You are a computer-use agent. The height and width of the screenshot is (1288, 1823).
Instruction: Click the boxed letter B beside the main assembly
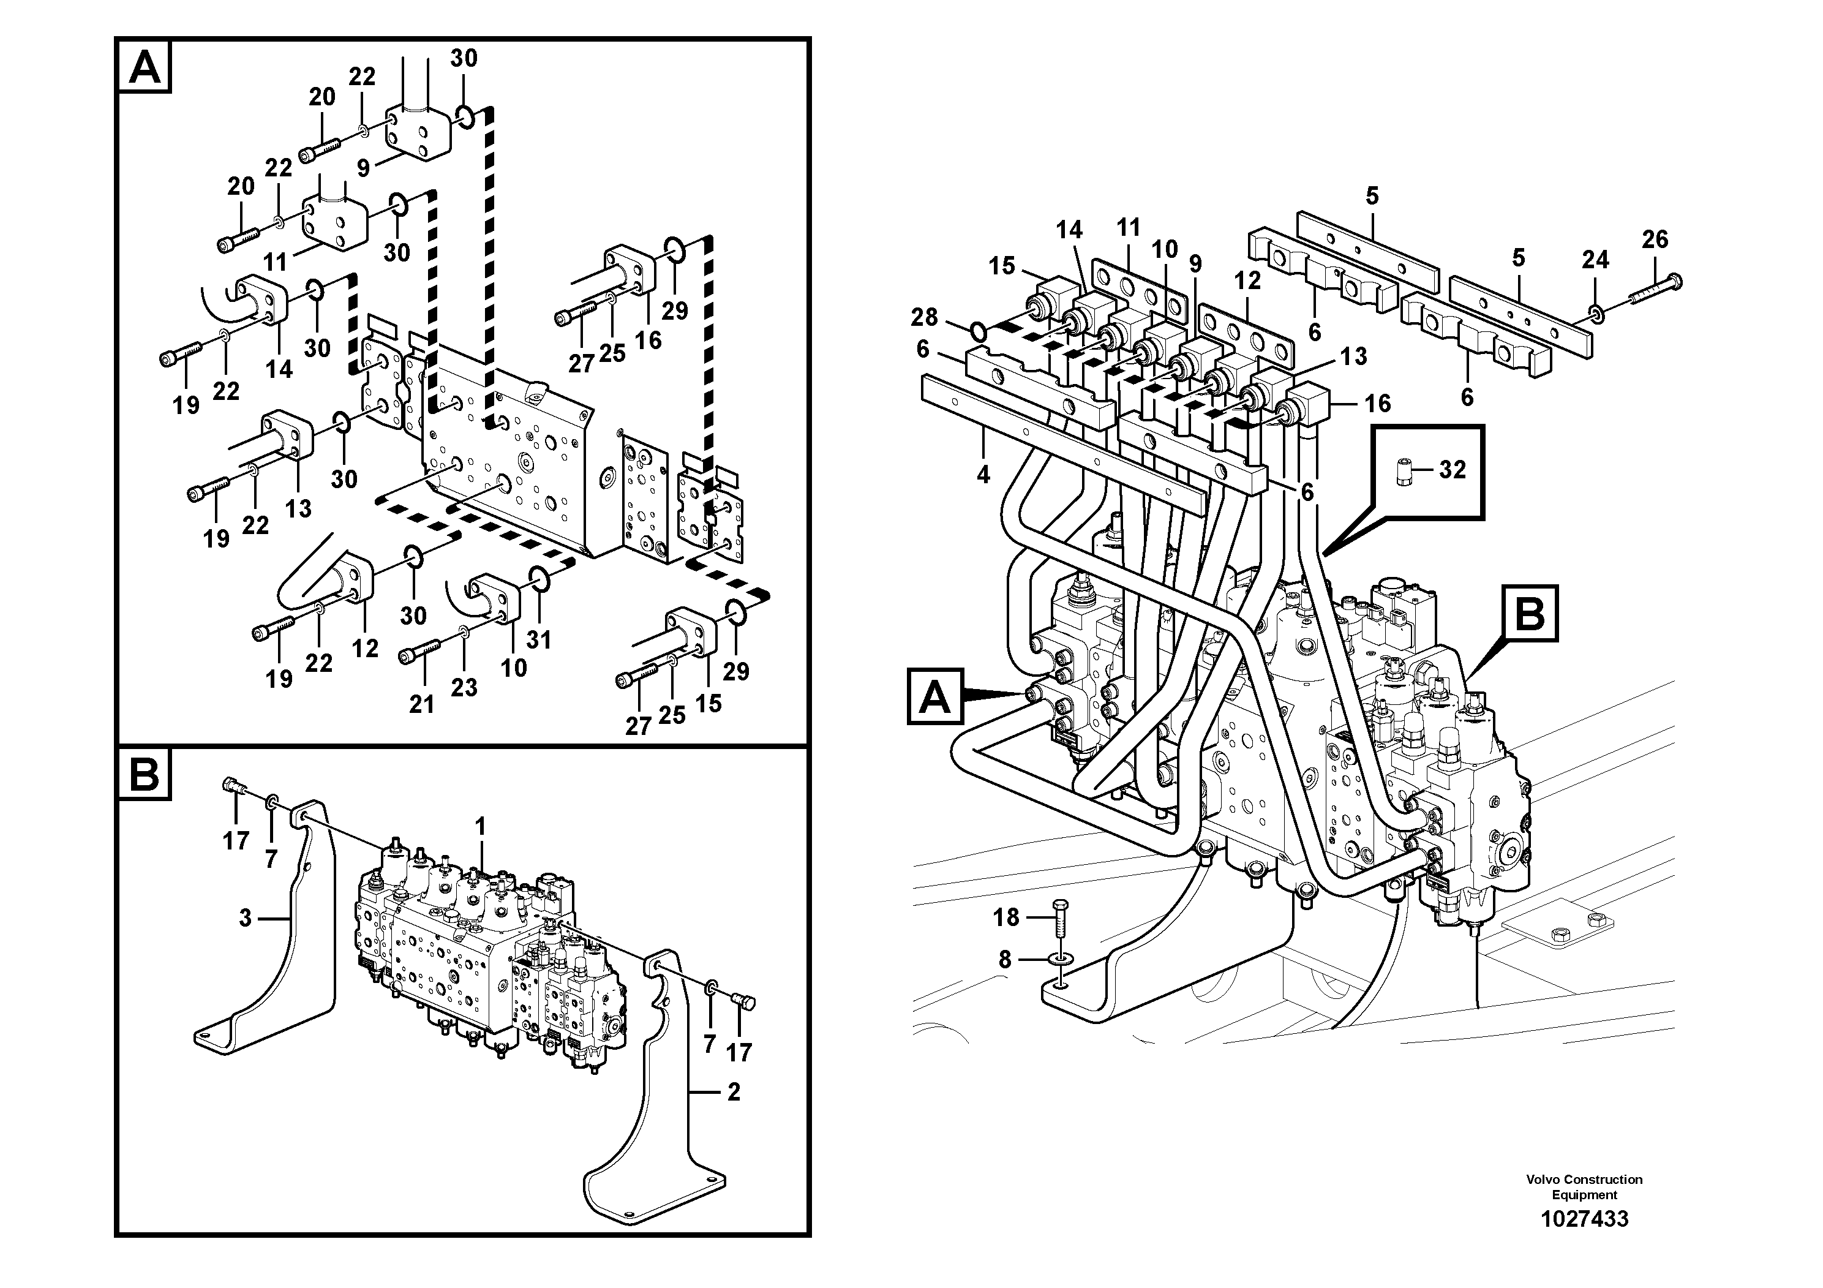pos(1529,613)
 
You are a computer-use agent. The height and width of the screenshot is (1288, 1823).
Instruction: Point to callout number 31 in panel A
pos(538,639)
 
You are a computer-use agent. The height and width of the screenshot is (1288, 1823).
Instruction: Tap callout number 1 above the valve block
pos(479,827)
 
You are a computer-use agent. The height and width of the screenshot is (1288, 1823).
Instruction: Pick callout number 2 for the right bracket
pos(733,1092)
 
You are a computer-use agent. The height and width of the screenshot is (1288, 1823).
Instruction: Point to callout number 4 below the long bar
pos(983,475)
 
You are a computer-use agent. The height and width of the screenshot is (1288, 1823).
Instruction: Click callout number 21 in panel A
pos(421,704)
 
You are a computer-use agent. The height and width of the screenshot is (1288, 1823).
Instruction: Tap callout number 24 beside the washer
pos(1595,260)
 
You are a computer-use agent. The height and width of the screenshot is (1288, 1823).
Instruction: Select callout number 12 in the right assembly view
pos(1247,281)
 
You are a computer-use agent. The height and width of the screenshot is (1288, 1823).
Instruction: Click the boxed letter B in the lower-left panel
pos(144,774)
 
